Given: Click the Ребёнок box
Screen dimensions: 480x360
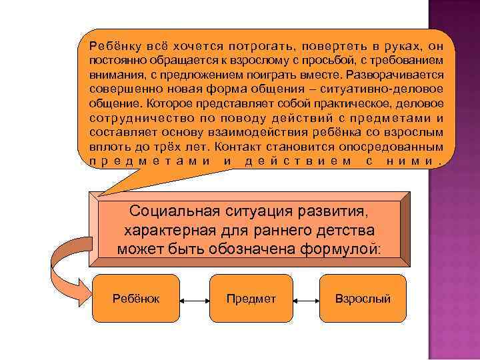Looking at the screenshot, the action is pyautogui.click(x=135, y=299).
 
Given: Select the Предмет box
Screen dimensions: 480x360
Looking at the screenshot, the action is pyautogui.click(x=251, y=299).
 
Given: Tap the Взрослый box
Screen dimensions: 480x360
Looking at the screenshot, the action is pyautogui.click(x=363, y=299).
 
